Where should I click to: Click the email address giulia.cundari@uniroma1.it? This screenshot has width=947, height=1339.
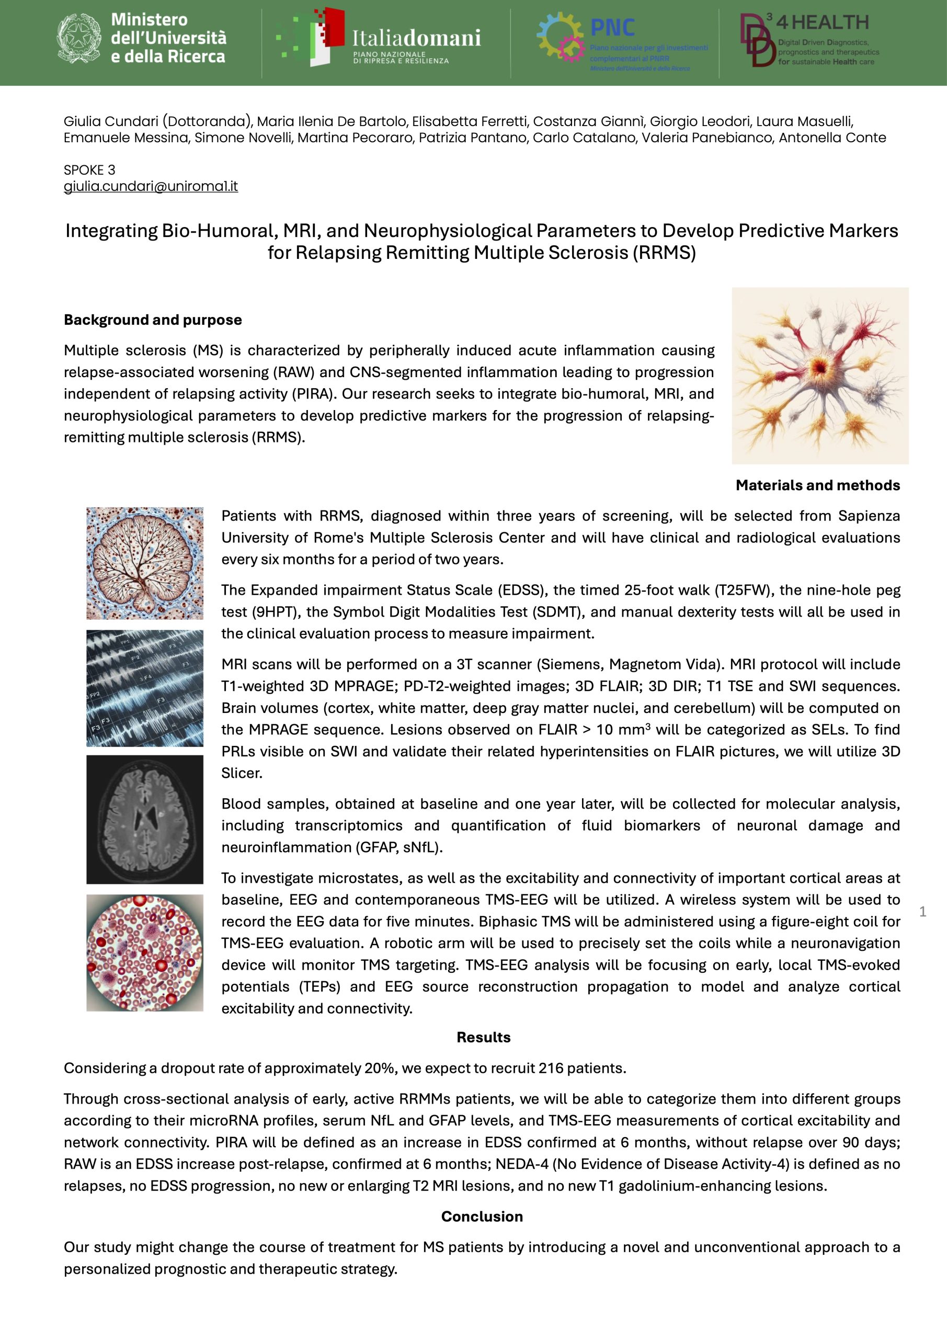(x=151, y=187)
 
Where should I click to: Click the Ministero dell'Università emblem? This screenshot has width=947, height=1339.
(x=79, y=39)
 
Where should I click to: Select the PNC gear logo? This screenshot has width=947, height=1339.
(x=561, y=36)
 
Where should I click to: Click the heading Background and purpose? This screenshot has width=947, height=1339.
(x=153, y=320)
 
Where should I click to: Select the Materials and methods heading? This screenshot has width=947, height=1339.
(x=817, y=485)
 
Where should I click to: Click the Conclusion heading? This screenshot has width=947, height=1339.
(x=482, y=1217)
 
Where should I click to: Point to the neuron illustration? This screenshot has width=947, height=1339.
(x=820, y=376)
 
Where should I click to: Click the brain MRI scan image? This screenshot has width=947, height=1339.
(x=145, y=820)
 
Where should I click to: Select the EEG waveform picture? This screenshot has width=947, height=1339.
(x=145, y=688)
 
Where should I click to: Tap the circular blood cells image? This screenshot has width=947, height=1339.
(x=145, y=953)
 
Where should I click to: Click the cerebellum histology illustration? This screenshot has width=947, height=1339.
(x=145, y=563)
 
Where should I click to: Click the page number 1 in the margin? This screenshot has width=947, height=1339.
(x=922, y=912)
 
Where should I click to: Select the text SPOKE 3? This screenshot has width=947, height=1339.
(x=89, y=171)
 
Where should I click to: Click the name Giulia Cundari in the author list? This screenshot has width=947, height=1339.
(x=111, y=121)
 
